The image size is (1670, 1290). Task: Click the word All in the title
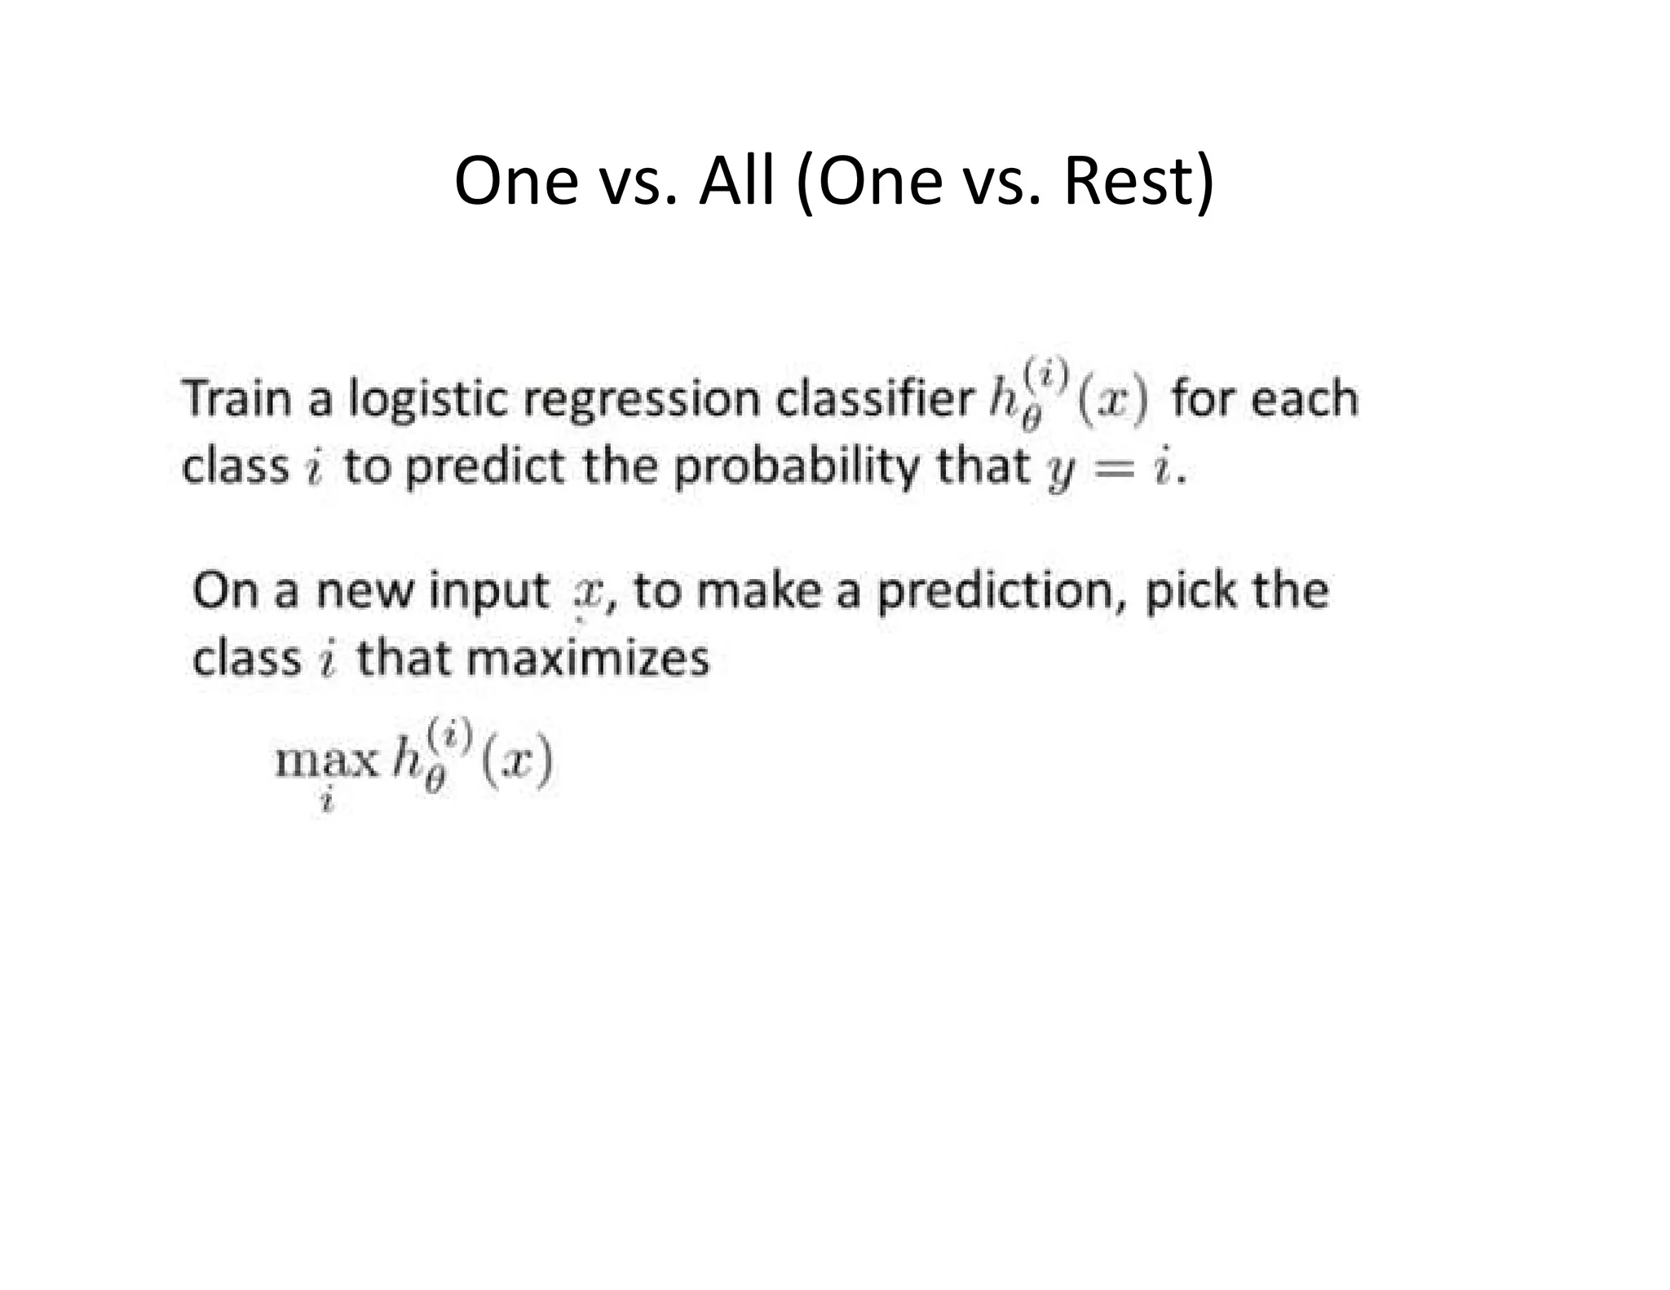click(x=736, y=181)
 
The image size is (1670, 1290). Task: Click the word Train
click(x=237, y=400)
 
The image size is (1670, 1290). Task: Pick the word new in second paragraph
click(x=364, y=591)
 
